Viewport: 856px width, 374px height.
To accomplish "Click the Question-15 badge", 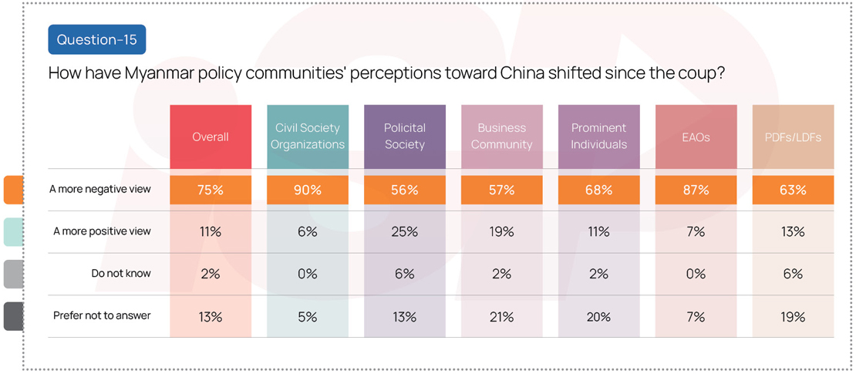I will coord(96,39).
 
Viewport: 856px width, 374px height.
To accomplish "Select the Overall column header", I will coord(211,136).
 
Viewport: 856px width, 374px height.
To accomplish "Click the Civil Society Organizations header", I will coord(308,136).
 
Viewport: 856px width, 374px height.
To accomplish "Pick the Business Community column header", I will coord(502,136).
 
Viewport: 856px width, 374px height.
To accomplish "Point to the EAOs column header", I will coord(696,136).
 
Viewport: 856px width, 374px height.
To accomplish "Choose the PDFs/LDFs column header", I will coord(793,136).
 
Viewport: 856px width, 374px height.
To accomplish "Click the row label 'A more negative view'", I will coord(100,190).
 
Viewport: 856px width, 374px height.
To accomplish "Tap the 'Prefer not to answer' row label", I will coord(102,316).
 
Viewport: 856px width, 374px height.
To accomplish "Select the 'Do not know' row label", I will coord(121,274).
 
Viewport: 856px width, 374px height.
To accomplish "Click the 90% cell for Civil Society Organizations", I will coord(308,190).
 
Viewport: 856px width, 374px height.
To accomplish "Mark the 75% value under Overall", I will coord(211,190).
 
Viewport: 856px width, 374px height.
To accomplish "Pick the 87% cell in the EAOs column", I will coord(696,190).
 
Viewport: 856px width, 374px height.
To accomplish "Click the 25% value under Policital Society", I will coord(405,231).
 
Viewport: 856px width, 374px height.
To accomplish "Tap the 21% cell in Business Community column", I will coord(502,316).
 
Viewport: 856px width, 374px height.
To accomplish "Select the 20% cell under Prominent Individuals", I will coord(598,316).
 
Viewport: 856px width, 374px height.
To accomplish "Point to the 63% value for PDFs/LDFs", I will coord(793,190).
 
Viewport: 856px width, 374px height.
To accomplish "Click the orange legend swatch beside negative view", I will coord(13,190).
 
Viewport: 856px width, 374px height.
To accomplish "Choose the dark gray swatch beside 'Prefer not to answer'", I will coord(13,316).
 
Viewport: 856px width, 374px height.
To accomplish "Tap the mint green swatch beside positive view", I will coord(13,231).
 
